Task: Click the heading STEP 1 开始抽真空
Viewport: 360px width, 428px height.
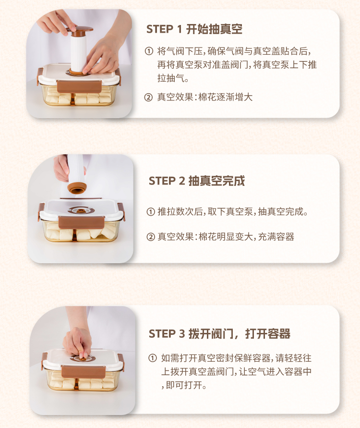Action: pos(194,29)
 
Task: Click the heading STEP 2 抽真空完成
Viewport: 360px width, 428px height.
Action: pos(197,181)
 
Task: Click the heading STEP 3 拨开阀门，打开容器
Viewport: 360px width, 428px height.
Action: pos(219,333)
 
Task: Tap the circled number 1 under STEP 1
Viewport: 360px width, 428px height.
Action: pos(149,51)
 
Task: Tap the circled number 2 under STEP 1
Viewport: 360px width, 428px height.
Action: pos(148,97)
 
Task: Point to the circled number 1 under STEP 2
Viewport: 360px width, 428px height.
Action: pos(151,211)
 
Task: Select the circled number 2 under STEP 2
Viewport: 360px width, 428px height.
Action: pos(151,237)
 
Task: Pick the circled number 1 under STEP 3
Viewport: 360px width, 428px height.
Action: pos(153,358)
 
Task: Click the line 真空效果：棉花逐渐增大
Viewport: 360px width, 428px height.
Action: pos(205,97)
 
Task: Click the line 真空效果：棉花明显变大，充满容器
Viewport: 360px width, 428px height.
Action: pos(226,237)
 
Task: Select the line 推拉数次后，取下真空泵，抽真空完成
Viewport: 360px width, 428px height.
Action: pos(233,211)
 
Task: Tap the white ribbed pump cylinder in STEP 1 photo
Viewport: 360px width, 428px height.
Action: pos(78,53)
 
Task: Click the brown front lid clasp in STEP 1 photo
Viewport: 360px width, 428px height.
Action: pos(79,86)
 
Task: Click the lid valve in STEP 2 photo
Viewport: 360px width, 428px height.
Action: pos(81,210)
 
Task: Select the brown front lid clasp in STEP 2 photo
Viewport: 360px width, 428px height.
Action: pos(81,222)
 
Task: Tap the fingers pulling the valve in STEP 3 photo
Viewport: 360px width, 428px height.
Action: pos(77,344)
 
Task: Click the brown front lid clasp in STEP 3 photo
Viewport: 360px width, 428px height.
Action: pos(84,372)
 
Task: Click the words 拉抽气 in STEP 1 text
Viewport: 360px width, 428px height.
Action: pos(170,78)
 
